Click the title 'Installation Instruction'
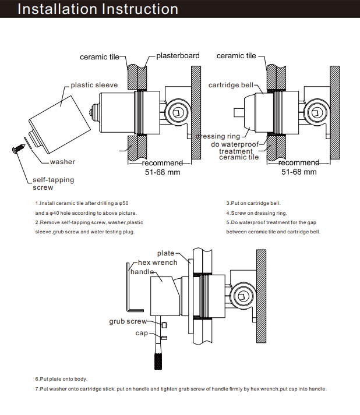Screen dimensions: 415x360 [98, 9]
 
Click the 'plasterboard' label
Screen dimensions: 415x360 [178, 56]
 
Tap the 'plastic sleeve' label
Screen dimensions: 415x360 [94, 85]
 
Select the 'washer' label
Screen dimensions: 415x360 [62, 162]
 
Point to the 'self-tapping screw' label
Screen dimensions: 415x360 [53, 184]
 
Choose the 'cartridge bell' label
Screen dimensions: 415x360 [231, 86]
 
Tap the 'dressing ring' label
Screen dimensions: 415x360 [218, 136]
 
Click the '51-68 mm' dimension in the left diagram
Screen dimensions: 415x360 [163, 172]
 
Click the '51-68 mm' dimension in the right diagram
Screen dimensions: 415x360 [299, 172]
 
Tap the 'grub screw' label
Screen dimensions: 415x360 [128, 321]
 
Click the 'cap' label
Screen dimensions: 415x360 [142, 333]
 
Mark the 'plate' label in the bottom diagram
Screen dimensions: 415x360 [165, 253]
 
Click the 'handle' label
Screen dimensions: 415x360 [142, 272]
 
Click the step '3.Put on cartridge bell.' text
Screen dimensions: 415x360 [253, 203]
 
